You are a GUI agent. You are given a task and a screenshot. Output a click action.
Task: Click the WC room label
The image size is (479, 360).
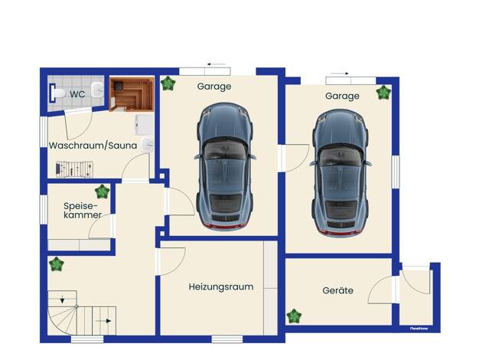77,94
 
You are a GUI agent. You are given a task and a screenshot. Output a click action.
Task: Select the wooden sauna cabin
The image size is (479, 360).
132,94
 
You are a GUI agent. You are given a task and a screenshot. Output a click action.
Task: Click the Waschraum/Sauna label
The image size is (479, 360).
93,146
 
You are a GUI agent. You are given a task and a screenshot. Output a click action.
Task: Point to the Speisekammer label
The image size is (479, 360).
83,210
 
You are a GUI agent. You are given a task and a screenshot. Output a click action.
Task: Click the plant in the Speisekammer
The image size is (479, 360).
102,191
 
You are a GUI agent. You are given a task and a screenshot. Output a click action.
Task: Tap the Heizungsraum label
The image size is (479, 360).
221,287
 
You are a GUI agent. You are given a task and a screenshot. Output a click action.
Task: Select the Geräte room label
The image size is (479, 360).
338,290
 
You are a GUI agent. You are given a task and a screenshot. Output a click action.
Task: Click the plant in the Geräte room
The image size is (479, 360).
294,316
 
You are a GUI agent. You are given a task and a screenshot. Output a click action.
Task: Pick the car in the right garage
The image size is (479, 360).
341,173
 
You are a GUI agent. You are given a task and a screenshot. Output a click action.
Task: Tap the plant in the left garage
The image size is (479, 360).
168,83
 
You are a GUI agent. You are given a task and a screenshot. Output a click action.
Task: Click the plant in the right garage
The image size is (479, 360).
383,93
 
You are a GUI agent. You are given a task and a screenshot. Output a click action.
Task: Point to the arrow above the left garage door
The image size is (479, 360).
216,64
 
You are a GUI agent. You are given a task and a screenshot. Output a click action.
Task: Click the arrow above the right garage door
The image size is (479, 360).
340,74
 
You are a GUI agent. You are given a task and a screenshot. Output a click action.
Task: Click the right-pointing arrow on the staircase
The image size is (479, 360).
103,321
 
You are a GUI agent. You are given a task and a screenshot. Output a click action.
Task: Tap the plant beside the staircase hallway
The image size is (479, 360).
56,264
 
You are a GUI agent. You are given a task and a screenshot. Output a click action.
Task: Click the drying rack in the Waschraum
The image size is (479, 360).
74,169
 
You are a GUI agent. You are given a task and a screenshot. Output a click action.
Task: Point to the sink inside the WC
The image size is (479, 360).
97,90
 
